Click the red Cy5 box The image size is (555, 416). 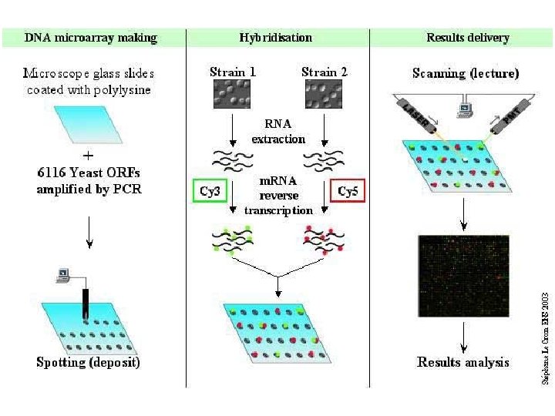pos(348,190)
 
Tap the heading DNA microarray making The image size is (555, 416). pos(91,37)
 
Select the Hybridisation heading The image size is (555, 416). pos(276,37)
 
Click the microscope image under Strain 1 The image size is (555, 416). pos(232,96)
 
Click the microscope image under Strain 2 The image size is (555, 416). pos(325,96)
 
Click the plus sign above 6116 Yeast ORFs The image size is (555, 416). pos(89,155)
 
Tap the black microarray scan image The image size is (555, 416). pos(463,276)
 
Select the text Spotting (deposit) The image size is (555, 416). pos(88,362)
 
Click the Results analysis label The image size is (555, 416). pos(463,362)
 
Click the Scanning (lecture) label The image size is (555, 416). pos(466,74)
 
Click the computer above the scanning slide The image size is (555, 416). pos(464,111)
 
